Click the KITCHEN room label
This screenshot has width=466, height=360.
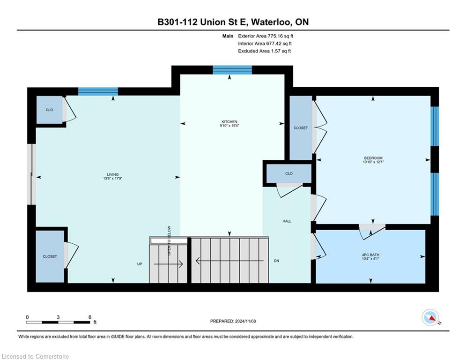[x=229, y=122]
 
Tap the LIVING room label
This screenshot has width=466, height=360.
[x=113, y=175]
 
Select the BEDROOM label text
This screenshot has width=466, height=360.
[x=373, y=158]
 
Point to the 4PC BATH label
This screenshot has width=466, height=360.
[x=370, y=255]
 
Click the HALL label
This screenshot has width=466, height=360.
[x=287, y=221]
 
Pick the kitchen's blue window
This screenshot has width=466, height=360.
[x=232, y=70]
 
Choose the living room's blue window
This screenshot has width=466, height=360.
[x=98, y=91]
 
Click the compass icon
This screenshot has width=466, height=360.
[x=430, y=317]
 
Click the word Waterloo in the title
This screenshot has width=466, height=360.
[x=272, y=22]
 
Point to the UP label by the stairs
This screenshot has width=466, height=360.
[x=140, y=264]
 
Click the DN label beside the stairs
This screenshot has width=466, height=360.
[x=276, y=261]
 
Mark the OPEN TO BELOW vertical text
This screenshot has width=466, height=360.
[x=169, y=240]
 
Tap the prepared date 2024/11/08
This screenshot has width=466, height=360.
[x=245, y=321]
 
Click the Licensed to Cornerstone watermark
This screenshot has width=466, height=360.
[x=35, y=356]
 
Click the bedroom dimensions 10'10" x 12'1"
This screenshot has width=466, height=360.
[x=373, y=162]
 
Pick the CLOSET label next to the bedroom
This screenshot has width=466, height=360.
[x=301, y=128]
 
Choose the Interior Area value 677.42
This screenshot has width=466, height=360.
[x=274, y=44]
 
